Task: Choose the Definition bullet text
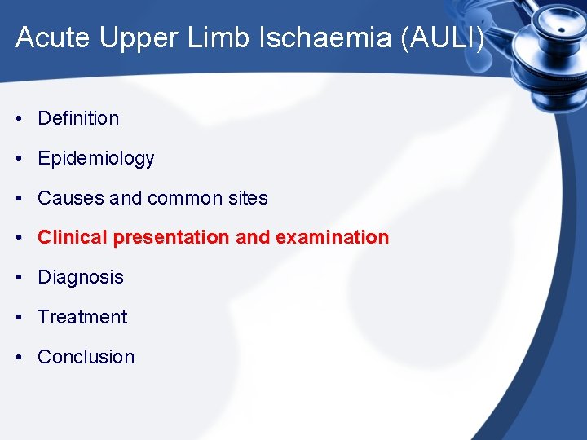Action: click(x=78, y=118)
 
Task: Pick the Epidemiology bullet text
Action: click(x=95, y=158)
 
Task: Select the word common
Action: click(x=183, y=198)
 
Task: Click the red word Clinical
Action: click(x=73, y=238)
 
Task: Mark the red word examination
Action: click(x=332, y=238)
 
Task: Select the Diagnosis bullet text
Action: click(x=81, y=277)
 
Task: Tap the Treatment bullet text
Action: click(x=82, y=317)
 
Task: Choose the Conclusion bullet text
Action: click(x=86, y=357)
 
